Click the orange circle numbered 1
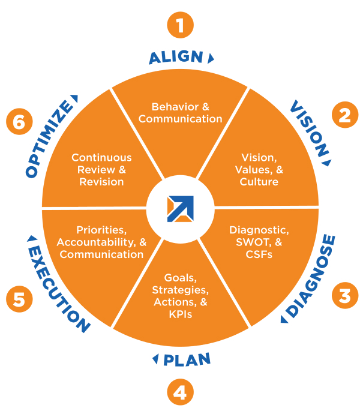coord(180,26)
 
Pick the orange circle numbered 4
coord(180,393)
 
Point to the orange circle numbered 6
coord(19,122)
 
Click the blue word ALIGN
coord(176,58)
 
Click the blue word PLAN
coord(187,359)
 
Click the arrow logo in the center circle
coord(181,208)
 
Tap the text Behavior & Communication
coord(180,113)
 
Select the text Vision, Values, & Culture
coord(259,170)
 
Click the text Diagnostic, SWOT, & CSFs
coord(259,242)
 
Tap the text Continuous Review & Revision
coord(101,170)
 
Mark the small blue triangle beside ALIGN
coord(211,58)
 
